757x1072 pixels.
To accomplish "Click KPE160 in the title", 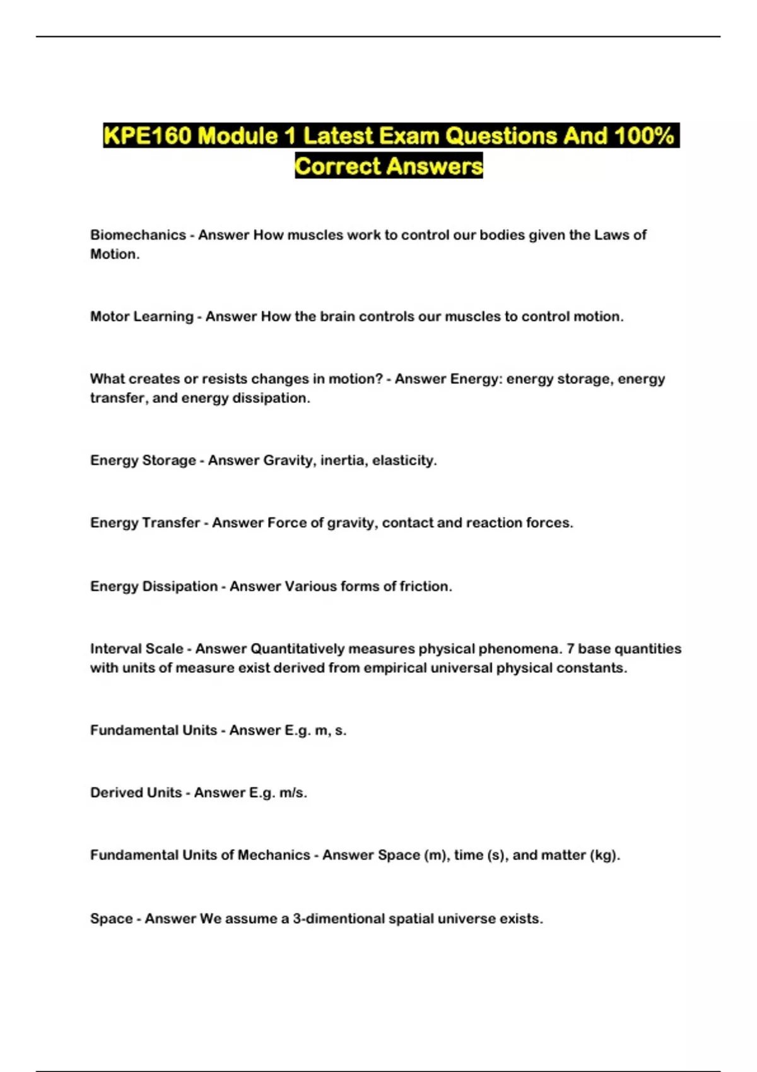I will tap(147, 136).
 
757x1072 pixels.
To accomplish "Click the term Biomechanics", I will tap(138, 235).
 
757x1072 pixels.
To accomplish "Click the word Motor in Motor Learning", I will tap(110, 317).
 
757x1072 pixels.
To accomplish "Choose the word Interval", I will tap(115, 649).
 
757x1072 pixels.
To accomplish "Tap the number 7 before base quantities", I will tap(570, 649).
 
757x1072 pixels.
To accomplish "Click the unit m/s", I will tap(293, 793).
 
